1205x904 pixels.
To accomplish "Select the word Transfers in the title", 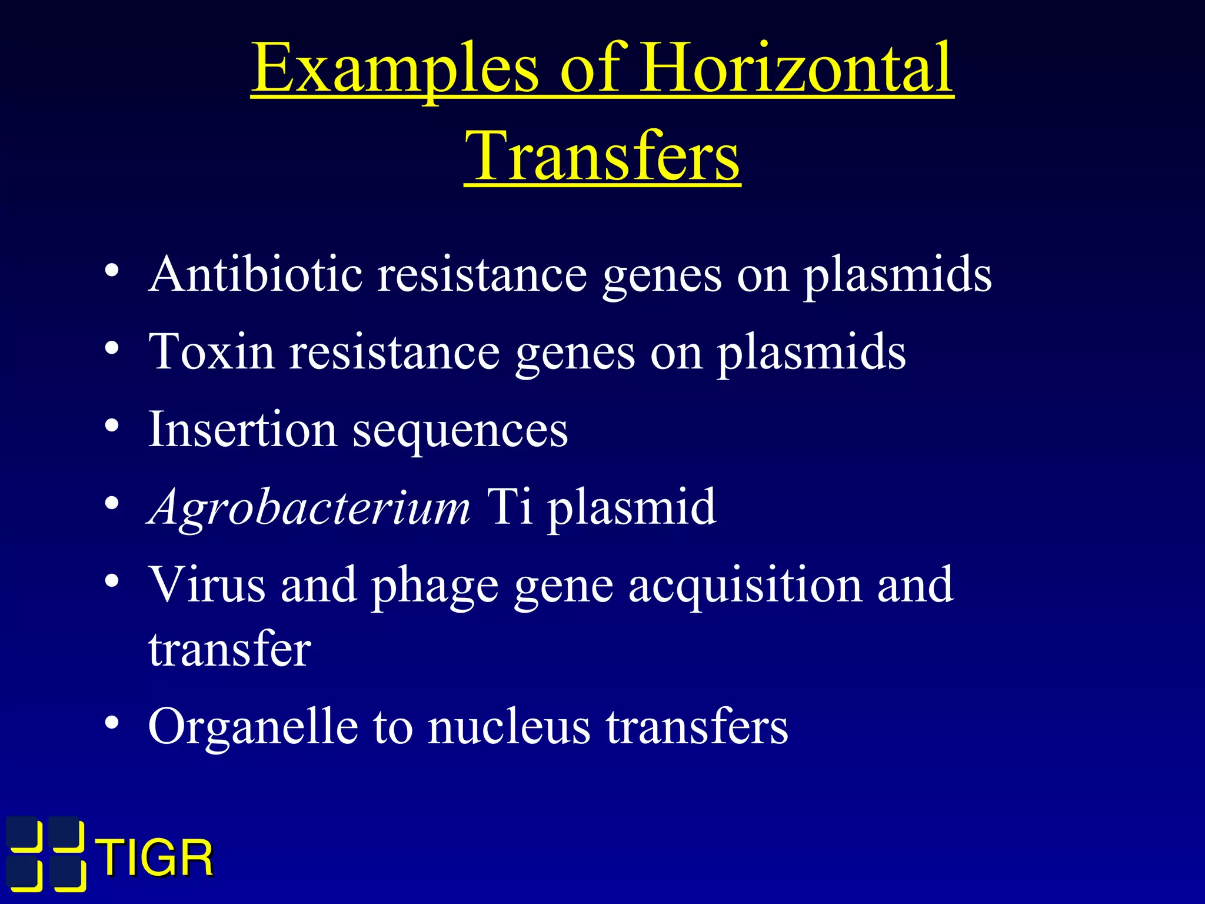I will [602, 156].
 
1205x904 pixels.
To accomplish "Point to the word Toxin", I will [211, 352].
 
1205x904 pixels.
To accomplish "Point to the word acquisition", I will [745, 586].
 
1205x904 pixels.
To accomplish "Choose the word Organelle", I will [253, 727].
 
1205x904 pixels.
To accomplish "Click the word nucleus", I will [508, 727].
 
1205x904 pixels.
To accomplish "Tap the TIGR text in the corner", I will [155, 858].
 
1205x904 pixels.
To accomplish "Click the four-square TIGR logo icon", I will [46, 853].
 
